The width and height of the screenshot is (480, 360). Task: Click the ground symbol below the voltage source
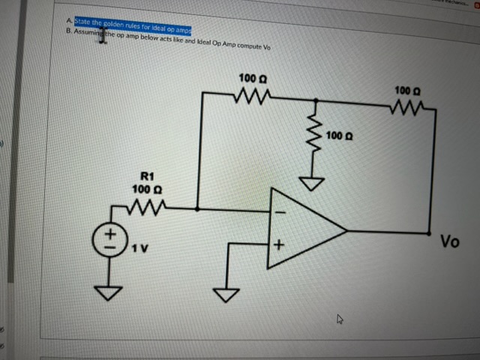tap(107, 292)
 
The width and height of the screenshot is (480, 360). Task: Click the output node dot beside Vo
tap(430, 232)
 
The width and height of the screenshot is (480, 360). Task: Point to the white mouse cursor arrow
tap(340, 319)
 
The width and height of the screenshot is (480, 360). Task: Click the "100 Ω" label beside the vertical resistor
tap(340, 137)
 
